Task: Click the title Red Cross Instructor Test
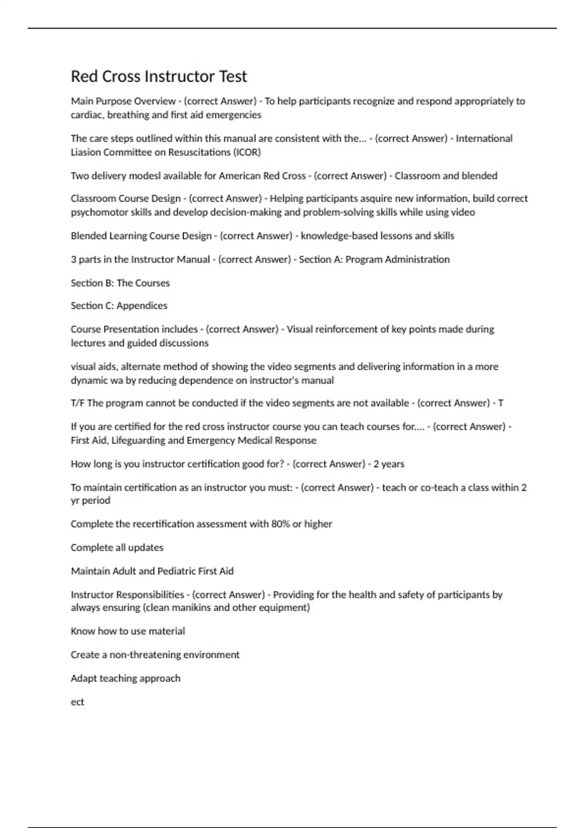point(159,76)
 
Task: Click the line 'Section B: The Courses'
point(120,283)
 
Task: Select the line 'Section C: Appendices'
point(119,306)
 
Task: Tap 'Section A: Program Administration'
point(374,260)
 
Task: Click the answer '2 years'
point(389,464)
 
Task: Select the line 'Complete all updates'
point(117,547)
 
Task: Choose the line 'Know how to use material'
point(128,631)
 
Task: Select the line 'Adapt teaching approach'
point(125,678)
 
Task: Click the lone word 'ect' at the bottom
point(78,702)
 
